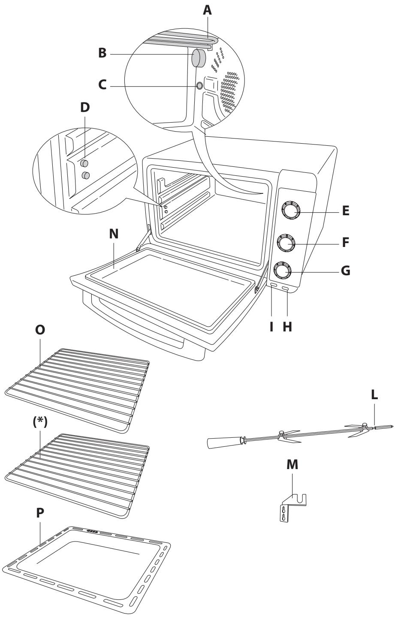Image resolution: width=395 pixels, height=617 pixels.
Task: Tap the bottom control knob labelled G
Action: pyautogui.click(x=282, y=271)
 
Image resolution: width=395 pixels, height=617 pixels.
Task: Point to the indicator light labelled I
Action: pyautogui.click(x=274, y=285)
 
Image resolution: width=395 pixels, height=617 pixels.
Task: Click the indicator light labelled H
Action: pyautogui.click(x=285, y=289)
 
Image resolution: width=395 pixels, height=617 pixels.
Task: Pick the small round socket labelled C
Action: pyautogui.click(x=199, y=86)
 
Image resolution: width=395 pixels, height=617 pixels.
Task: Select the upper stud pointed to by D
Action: pyautogui.click(x=84, y=163)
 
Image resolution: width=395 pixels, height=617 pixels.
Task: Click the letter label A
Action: pyautogui.click(x=207, y=10)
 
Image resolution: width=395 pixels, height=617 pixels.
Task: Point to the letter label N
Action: pyautogui.click(x=114, y=234)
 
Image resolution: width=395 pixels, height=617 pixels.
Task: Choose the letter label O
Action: pyautogui.click(x=40, y=329)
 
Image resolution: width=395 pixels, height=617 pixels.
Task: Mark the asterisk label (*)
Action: pyautogui.click(x=40, y=422)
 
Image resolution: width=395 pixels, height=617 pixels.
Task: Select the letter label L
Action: pyautogui.click(x=374, y=395)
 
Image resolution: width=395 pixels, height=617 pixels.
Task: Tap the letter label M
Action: pyautogui.click(x=292, y=464)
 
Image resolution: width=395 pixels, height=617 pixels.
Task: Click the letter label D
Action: pyautogui.click(x=85, y=108)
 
